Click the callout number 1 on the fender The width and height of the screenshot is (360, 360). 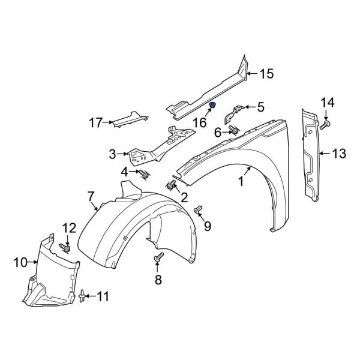tap(242, 180)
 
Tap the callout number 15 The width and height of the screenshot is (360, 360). tap(266, 74)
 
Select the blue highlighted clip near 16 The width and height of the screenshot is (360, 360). tap(212, 106)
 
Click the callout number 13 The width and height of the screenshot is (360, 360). tap(339, 154)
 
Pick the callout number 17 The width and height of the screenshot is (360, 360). tap(96, 123)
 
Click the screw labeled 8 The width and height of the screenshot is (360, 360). tap(159, 257)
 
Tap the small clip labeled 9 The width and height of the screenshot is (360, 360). tap(198, 209)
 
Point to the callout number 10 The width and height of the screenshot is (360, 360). tap(21, 262)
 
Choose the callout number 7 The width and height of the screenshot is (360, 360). tap(91, 196)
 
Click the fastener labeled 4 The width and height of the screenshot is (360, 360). tap(144, 175)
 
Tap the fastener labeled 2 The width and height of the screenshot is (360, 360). tap(173, 185)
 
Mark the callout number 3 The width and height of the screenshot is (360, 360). tap(112, 155)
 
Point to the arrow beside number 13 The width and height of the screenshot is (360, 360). tap(324, 154)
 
